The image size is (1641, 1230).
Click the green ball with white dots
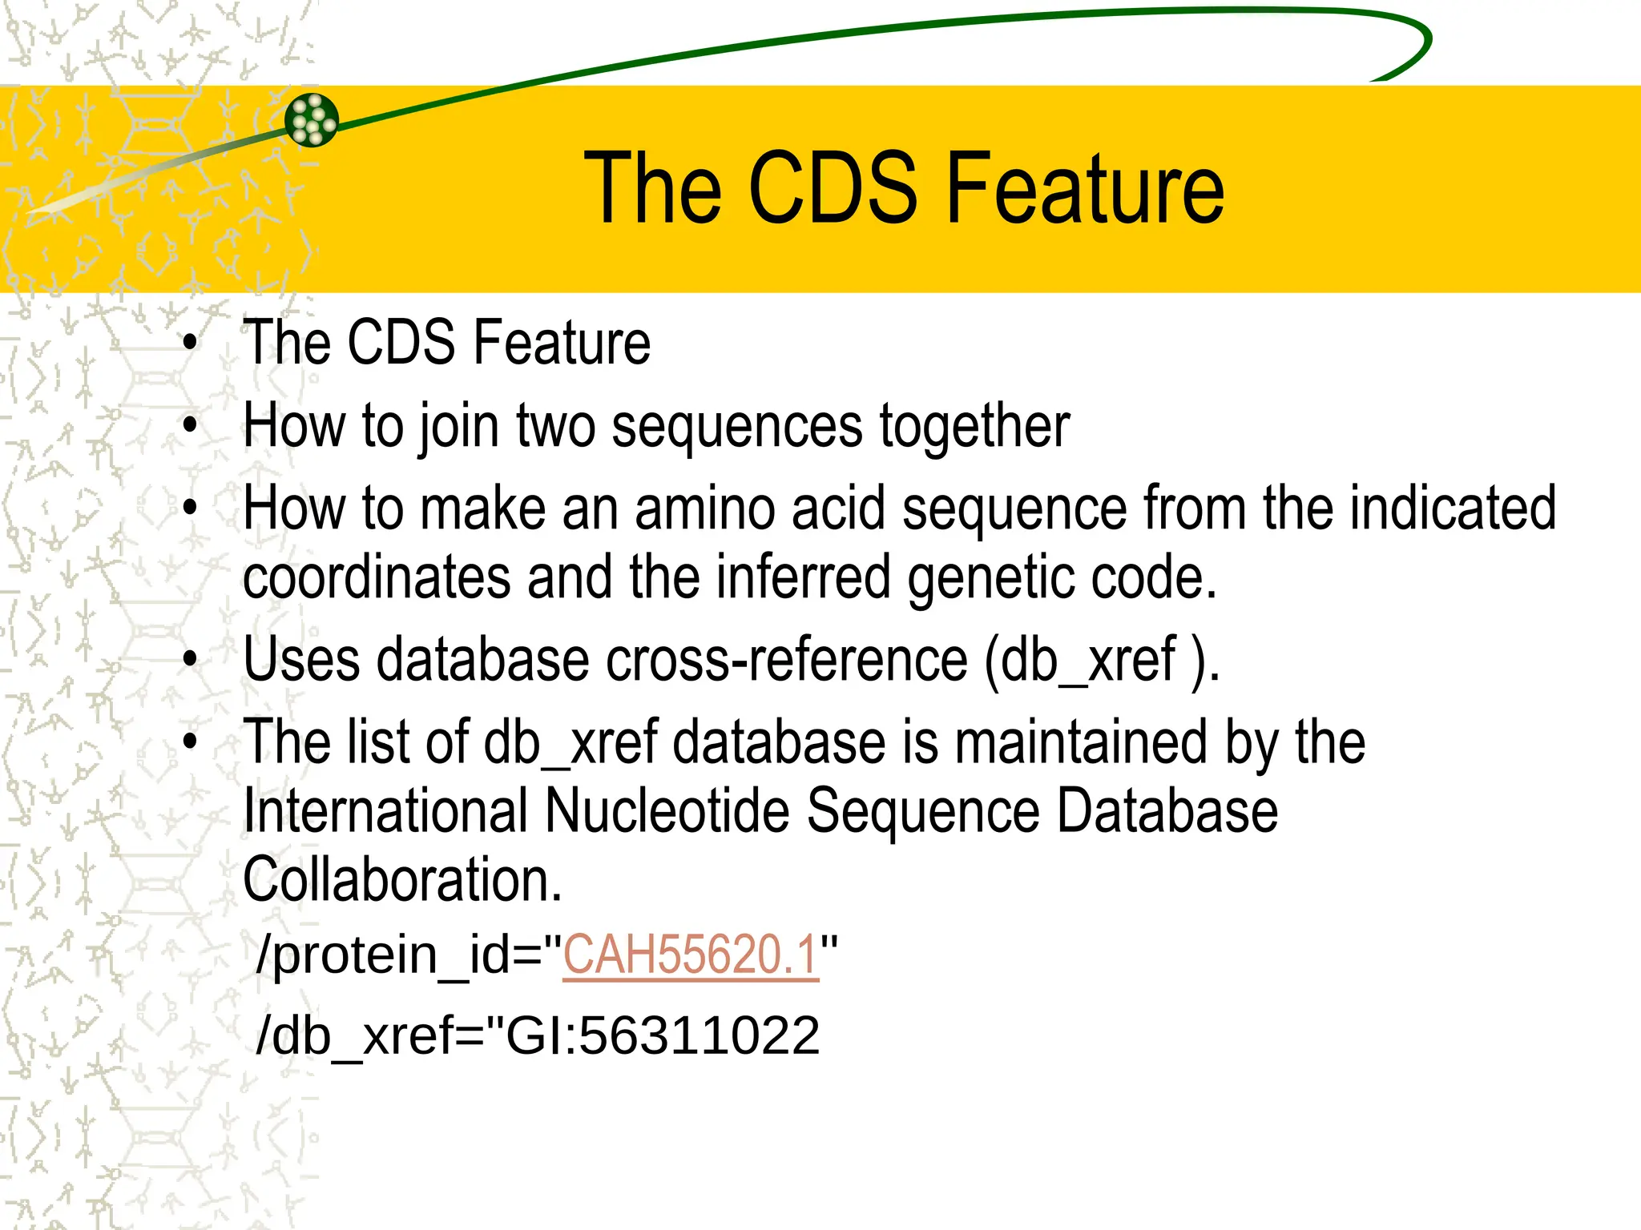[x=312, y=121]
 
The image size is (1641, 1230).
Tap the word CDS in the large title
[x=833, y=189]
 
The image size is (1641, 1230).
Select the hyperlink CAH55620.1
[x=691, y=955]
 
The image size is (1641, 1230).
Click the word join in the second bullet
[x=458, y=427]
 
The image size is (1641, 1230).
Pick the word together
[x=974, y=427]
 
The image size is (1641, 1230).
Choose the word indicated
[x=1452, y=508]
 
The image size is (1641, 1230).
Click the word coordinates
[x=377, y=577]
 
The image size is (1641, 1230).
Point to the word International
[x=385, y=811]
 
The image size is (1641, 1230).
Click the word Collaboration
[x=402, y=880]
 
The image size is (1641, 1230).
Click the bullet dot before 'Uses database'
[x=190, y=660]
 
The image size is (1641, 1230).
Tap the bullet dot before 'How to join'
[x=190, y=425]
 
